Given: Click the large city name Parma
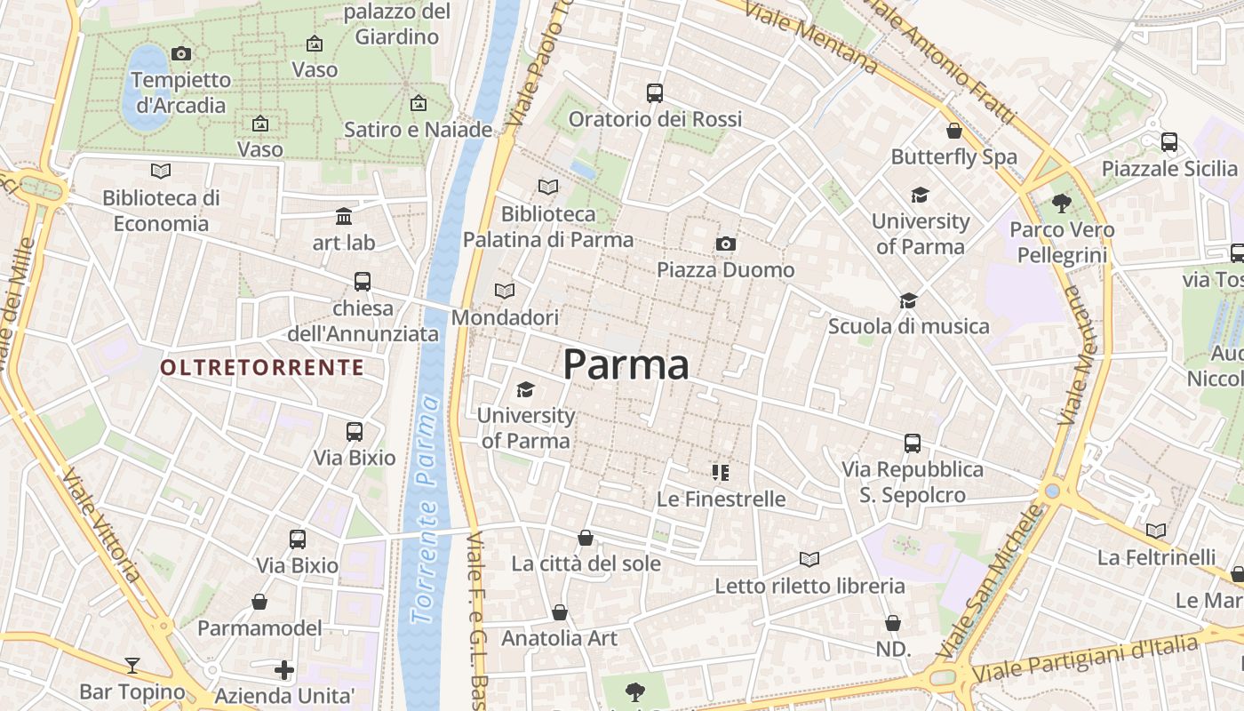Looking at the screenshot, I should coord(626,364).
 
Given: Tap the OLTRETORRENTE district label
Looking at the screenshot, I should coord(262,367).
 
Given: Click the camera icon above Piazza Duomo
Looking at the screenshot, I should coord(726,244).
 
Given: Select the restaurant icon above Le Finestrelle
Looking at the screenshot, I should coord(720,472).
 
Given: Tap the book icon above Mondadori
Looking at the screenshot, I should coord(505,291).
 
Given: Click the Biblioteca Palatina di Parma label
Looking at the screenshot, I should coord(548,227).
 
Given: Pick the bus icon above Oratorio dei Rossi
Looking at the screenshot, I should coord(655,92).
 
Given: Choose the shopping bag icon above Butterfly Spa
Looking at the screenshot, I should coord(954,131).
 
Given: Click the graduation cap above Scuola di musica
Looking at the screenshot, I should coord(908,300).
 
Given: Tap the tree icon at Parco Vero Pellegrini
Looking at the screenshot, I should coord(1061,203).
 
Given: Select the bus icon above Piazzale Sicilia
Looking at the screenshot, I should coord(1169,141).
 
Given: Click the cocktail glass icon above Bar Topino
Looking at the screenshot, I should coord(132,665).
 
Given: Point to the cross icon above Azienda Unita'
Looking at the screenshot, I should coord(284,669).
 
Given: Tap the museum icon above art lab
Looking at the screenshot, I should coord(344,216).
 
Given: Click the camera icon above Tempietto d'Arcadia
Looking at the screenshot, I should coord(181,53).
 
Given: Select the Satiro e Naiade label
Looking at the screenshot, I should coord(418,130).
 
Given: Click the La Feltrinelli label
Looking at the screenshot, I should coord(1156,557).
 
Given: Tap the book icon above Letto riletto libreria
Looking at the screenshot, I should coord(809,559).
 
